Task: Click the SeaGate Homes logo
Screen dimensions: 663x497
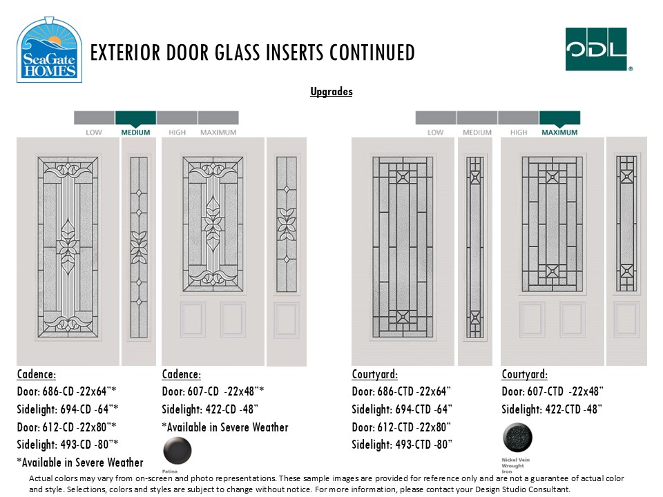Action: coord(49,50)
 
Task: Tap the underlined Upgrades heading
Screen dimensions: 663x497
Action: coord(331,92)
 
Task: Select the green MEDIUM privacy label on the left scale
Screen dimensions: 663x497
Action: coord(135,132)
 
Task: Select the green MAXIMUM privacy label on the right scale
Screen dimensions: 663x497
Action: coord(559,132)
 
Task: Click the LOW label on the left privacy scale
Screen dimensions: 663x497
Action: coord(94,132)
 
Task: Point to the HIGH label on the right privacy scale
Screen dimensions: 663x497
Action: coord(519,132)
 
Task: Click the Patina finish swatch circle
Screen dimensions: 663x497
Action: coord(177,451)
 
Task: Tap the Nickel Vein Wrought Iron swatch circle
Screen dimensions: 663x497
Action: coord(517,438)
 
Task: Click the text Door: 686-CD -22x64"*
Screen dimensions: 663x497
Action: coord(66,391)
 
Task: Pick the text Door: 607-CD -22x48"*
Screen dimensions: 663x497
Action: coord(213,391)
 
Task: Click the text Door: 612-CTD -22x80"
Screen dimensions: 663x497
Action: coord(401,427)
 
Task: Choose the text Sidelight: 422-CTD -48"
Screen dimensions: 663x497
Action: coord(552,409)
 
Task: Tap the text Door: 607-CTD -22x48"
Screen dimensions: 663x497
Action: coord(552,391)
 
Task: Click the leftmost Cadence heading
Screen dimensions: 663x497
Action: coord(37,374)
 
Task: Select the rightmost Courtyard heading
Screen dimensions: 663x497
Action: coord(524,374)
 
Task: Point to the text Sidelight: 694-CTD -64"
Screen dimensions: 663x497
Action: coord(402,409)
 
